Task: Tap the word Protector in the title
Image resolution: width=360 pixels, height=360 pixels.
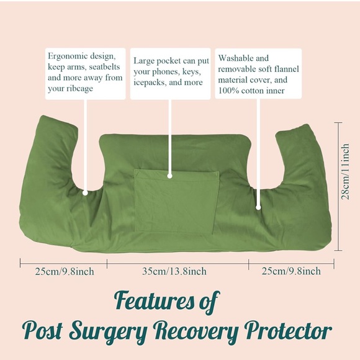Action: click(290, 330)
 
